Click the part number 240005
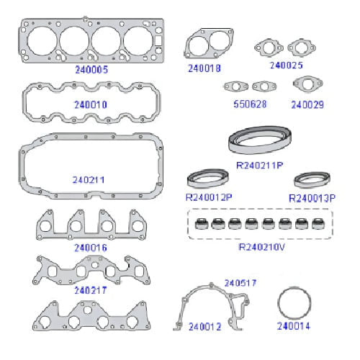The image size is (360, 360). point(91,70)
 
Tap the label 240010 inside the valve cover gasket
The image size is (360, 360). point(91,104)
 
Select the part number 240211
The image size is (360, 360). point(89,180)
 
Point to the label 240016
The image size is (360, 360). point(91,248)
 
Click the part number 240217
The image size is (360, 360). point(91,290)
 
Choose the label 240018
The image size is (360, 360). point(204,68)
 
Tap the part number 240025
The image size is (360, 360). point(287,66)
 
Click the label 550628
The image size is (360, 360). point(250,104)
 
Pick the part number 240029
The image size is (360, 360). point(307,104)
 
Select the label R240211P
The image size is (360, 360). point(260,166)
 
